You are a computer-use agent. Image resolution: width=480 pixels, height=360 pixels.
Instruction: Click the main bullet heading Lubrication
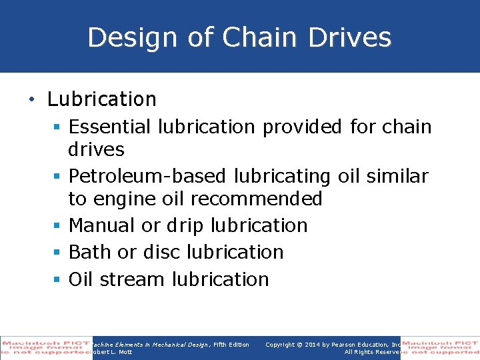coord(101,99)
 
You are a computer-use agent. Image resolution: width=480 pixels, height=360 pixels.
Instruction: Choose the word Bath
coord(88,252)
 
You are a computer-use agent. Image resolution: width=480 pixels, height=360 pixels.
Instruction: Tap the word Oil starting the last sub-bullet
coord(80,279)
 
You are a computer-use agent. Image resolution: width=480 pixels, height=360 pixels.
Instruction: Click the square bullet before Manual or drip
coord(58,226)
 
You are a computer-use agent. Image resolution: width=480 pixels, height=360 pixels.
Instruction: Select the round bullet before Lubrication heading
coord(31,100)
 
